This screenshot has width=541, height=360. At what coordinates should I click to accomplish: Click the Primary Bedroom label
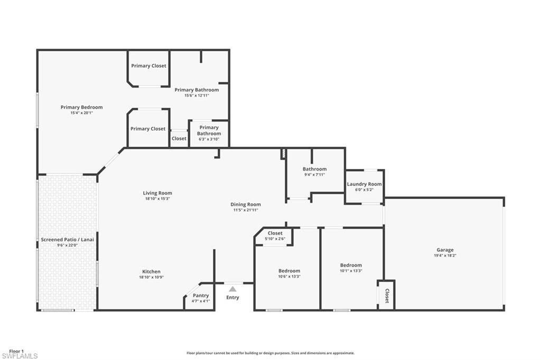(x=81, y=107)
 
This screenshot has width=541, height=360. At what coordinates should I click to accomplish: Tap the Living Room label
(x=157, y=193)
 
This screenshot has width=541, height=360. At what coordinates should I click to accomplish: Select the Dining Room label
(x=245, y=204)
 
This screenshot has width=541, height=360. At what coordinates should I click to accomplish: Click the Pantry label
(x=200, y=296)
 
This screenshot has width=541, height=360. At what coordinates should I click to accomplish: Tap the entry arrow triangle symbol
(x=232, y=289)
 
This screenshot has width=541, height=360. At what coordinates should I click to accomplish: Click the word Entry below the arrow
(x=232, y=298)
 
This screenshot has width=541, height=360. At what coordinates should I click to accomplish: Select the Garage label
(x=445, y=250)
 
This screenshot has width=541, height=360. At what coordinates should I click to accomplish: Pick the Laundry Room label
(x=364, y=184)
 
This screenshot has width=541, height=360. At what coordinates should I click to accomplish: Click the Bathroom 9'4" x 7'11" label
(x=314, y=169)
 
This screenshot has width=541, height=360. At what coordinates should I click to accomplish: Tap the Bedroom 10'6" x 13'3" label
(x=289, y=271)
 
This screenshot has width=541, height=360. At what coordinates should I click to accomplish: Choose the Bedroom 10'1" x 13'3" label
(x=351, y=265)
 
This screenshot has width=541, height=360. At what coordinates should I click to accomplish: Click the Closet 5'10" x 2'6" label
(x=275, y=233)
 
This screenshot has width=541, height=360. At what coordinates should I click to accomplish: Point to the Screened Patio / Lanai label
(x=67, y=240)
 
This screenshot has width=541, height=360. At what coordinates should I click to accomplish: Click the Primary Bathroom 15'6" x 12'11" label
(x=197, y=90)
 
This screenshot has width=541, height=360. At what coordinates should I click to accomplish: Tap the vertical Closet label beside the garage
(x=387, y=296)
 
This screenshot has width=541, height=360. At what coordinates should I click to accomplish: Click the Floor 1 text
(x=16, y=351)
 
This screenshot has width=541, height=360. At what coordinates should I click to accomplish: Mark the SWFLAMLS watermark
(x=20, y=356)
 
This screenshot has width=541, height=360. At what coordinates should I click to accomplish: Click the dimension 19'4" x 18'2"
(x=445, y=255)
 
